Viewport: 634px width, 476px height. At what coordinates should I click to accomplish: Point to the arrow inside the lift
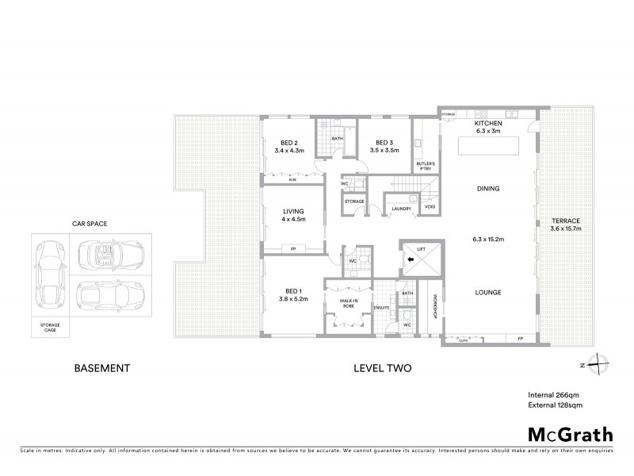(x=411, y=259)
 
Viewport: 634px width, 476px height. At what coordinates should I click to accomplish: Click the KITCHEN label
(x=488, y=125)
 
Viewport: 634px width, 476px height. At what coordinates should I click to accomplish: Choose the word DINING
(x=488, y=188)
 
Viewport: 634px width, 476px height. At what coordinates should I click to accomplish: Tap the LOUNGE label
(x=488, y=292)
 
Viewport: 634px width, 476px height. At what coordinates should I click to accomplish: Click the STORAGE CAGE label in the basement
(x=50, y=327)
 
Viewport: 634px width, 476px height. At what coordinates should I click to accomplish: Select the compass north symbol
(x=601, y=363)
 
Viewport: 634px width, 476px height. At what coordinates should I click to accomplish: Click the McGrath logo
(x=571, y=433)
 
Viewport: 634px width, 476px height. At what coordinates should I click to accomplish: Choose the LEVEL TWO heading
(x=383, y=368)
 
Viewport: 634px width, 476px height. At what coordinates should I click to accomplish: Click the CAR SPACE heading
(x=89, y=224)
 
